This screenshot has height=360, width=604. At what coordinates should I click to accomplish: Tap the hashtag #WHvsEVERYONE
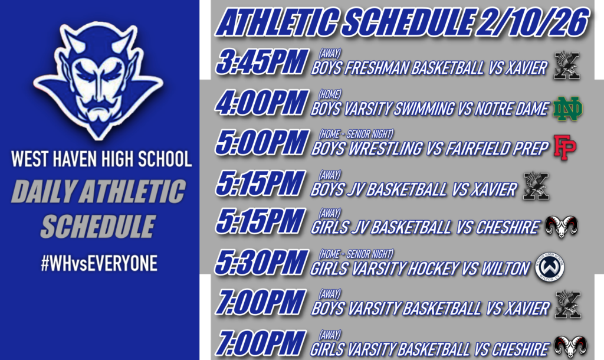(x=99, y=264)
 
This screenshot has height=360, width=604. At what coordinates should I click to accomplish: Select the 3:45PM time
(x=261, y=63)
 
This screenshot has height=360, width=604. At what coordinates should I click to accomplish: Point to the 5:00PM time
(x=261, y=143)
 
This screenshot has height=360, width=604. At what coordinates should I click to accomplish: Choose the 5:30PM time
(x=261, y=264)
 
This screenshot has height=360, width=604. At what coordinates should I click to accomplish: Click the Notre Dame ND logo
(x=568, y=109)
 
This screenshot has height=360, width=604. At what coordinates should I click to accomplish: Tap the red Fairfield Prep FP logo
(x=564, y=147)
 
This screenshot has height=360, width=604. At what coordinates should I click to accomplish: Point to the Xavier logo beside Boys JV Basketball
(x=536, y=186)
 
